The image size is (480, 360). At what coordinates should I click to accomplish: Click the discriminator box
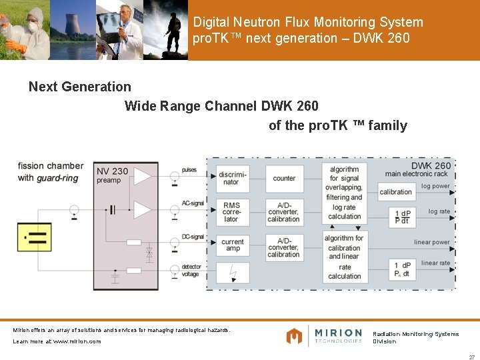tap(232, 178)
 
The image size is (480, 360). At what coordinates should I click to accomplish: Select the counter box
tap(284, 178)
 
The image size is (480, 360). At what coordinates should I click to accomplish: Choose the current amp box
tap(232, 245)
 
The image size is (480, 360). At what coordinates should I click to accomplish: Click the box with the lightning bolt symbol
tap(232, 273)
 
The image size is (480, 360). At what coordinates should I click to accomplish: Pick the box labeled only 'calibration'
tap(396, 192)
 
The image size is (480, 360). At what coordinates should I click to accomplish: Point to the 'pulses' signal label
tap(189, 170)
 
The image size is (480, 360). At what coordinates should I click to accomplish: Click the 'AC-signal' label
tap(193, 203)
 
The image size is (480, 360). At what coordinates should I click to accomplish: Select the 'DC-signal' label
tap(193, 237)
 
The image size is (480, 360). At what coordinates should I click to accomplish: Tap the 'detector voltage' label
tap(191, 271)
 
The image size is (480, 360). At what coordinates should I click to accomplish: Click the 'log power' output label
tap(435, 186)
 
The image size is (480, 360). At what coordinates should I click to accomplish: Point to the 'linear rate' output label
tap(435, 263)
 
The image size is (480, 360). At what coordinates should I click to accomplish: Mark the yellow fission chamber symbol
tap(34, 237)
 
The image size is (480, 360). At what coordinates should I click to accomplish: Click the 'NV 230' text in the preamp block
tap(112, 171)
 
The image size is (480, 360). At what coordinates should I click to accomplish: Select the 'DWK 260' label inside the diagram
tap(431, 166)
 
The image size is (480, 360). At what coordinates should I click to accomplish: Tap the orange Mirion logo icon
tap(294, 335)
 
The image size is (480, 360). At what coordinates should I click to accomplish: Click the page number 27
tap(471, 356)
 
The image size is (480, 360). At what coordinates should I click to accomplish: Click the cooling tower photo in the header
tap(72, 30)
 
